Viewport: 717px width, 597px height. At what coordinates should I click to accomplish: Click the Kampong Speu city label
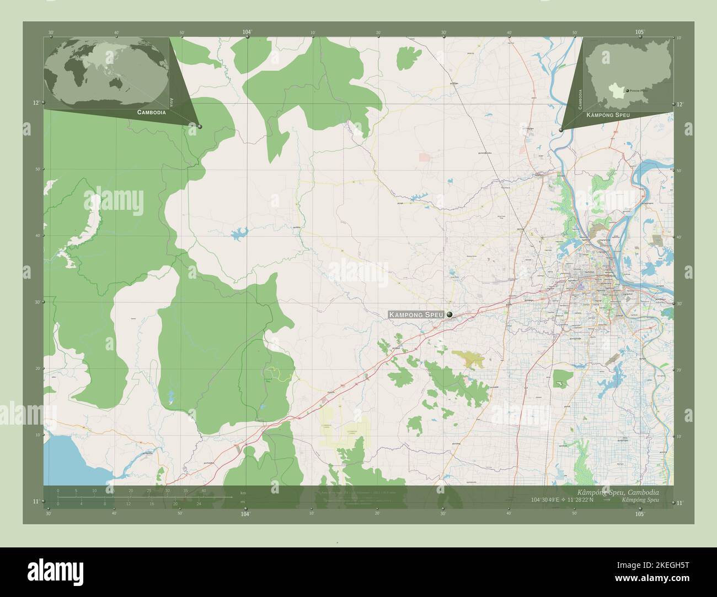[416, 314]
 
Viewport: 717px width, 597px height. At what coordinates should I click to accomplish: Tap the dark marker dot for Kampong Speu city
[450, 314]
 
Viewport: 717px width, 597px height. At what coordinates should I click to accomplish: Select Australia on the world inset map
[117, 83]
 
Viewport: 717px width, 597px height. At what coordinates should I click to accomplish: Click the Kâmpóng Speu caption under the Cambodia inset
[608, 115]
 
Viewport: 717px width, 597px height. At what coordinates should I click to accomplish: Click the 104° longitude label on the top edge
[247, 32]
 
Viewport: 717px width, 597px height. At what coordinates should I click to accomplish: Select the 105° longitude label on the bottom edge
[640, 514]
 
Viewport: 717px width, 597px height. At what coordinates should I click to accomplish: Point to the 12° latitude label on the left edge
[36, 103]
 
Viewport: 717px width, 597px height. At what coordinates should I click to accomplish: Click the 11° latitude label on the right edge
[679, 502]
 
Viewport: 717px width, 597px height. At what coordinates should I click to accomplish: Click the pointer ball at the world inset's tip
[200, 127]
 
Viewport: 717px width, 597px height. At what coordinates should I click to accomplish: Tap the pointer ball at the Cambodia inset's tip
[561, 130]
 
